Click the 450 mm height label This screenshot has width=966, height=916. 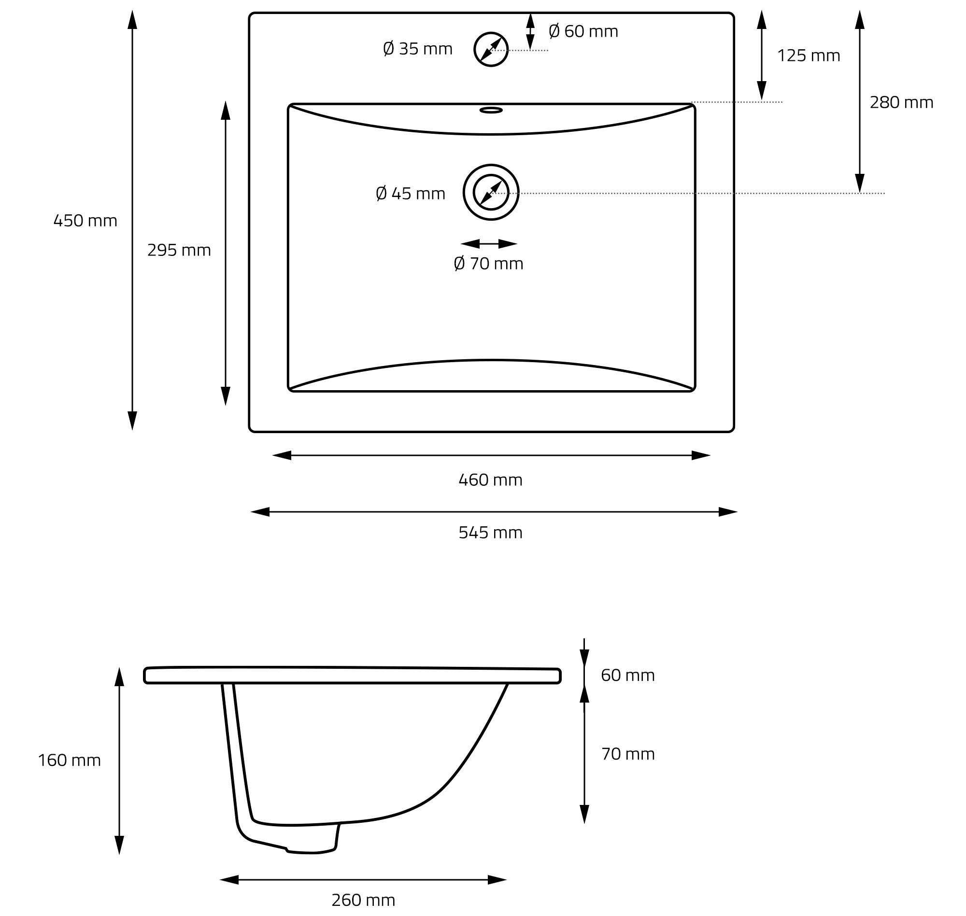tap(85, 221)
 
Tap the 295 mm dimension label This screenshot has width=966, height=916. tap(179, 250)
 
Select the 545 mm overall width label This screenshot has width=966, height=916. tap(490, 532)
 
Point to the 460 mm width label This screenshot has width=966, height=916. tap(490, 480)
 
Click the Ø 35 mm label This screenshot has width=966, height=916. tap(418, 49)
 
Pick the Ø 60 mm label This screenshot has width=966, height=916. tap(583, 31)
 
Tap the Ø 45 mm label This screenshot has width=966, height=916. tap(411, 193)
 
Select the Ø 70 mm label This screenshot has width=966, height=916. tap(488, 264)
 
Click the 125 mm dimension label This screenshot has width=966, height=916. tap(809, 56)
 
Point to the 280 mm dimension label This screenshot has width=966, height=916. tap(902, 102)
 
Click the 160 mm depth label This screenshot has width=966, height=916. tap(70, 760)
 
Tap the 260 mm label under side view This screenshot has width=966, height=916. tap(363, 900)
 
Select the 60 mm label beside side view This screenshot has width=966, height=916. tap(627, 675)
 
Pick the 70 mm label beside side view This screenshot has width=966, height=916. tap(627, 754)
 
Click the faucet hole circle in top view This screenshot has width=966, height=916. tap(491, 32)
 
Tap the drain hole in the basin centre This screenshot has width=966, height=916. tap(491, 165)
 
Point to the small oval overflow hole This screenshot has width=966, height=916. tap(491, 110)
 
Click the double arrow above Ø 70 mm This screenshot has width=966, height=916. tap(489, 244)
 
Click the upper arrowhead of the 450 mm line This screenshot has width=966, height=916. tap(132, 19)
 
